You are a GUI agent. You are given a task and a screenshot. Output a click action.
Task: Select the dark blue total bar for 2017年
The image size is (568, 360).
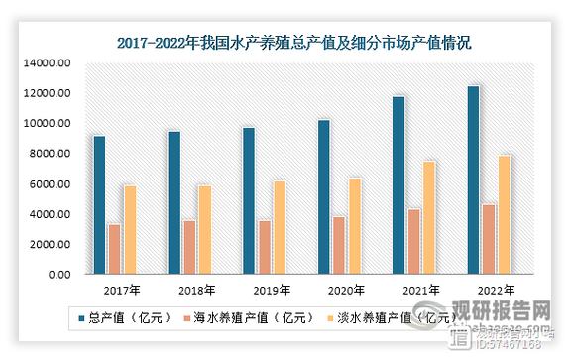tap(99, 205)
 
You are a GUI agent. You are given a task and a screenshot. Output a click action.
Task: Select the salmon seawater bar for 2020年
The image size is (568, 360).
tap(338, 245)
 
